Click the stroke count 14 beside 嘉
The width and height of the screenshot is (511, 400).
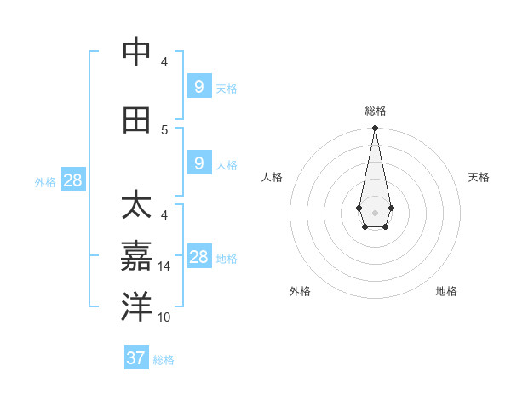(x=164, y=266)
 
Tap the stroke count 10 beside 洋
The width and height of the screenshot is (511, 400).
(x=164, y=317)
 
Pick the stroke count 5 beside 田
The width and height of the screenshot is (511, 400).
(x=164, y=129)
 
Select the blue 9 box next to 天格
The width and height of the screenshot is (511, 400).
(x=198, y=86)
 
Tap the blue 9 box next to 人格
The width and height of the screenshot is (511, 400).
(x=198, y=163)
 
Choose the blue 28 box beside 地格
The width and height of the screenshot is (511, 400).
(x=198, y=257)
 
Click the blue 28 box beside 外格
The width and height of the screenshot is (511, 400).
(x=72, y=180)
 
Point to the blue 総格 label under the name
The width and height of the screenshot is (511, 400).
(x=164, y=360)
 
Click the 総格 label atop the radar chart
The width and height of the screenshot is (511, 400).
(x=376, y=111)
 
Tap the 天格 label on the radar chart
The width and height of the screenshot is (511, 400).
(x=479, y=177)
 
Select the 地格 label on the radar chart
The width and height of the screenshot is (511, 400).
(x=446, y=291)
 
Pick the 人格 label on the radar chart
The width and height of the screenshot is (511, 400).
(x=273, y=177)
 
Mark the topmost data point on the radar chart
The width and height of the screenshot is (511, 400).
(x=375, y=129)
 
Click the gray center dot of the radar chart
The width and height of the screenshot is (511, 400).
(x=375, y=213)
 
